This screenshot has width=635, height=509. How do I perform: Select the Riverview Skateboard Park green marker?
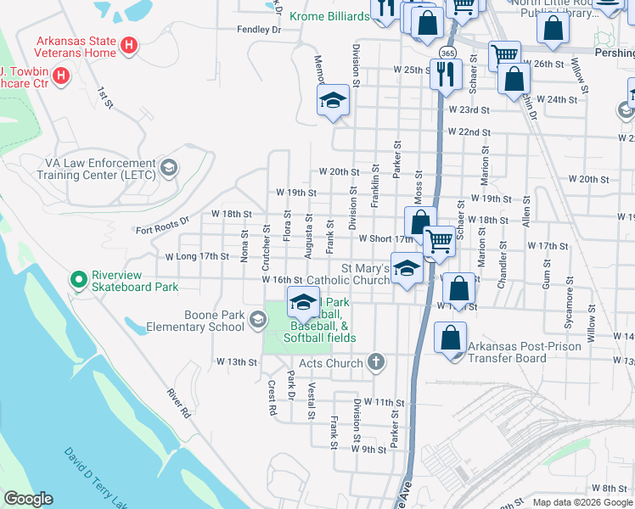click(x=79, y=278)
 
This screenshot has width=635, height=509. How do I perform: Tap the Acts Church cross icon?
click(x=376, y=363)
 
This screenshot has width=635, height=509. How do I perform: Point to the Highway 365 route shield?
click(x=445, y=53)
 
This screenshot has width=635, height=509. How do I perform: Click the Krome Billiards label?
click(x=329, y=16)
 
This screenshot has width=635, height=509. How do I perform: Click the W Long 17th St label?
click(x=197, y=255)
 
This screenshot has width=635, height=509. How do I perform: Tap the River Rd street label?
click(x=177, y=405)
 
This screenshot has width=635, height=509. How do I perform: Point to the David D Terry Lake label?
click(x=94, y=476)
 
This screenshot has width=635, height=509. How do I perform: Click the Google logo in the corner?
click(x=28, y=499)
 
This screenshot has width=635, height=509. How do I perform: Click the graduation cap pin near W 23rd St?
click(x=334, y=101)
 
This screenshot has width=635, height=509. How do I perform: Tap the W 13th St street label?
click(x=235, y=361)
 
